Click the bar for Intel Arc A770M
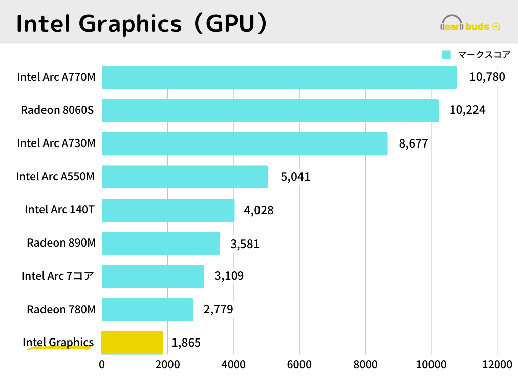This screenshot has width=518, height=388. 279,77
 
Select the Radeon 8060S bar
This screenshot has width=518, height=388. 270,110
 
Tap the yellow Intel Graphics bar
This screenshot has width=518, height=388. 132,343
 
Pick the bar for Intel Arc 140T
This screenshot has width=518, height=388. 168,210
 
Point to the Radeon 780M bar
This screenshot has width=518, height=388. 147,309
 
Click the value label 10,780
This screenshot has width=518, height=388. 487,77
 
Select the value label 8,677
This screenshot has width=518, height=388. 413,143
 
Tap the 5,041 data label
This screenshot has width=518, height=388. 295,177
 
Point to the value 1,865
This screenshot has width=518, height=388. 186,343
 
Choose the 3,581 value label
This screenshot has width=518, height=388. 245,244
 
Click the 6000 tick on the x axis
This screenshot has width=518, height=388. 299,365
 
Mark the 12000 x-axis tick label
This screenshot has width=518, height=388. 497,365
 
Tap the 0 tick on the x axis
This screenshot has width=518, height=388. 102,365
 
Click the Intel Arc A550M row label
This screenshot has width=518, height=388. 55,177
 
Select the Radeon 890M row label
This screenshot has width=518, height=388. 61,243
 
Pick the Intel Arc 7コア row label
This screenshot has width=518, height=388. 58,276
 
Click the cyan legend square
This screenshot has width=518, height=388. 446,55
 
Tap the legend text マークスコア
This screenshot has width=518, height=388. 484,55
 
